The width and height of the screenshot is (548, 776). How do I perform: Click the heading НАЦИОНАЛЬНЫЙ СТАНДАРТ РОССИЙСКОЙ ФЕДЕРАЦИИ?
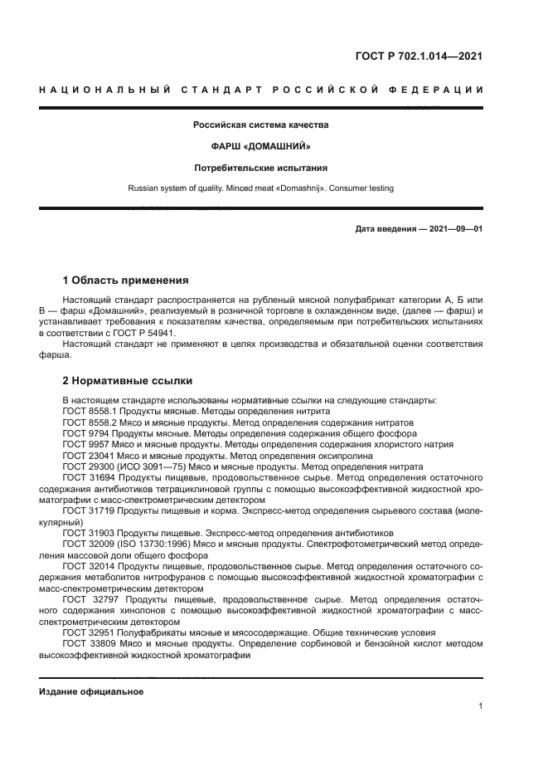point(261,89)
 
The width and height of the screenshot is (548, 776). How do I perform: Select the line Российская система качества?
point(261,126)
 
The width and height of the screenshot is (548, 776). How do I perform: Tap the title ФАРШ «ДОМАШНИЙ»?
point(261,147)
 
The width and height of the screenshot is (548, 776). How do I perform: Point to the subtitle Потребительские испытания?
point(261,168)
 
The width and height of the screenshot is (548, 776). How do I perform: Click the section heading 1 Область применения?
point(126,280)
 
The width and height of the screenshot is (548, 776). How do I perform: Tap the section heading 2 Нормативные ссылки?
point(128,381)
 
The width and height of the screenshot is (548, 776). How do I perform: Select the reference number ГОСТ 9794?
point(87,433)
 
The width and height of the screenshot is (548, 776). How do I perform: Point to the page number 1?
point(481,706)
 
